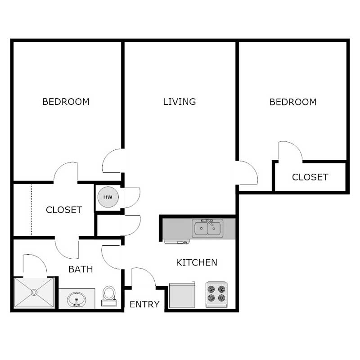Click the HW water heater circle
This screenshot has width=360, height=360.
click(x=108, y=198)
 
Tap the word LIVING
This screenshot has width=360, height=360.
click(x=180, y=102)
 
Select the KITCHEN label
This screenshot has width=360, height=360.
click(x=197, y=262)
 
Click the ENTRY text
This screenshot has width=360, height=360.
click(x=144, y=305)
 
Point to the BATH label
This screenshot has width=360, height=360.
click(x=81, y=270)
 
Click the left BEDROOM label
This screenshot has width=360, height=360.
click(x=66, y=102)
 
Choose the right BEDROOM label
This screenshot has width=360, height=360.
click(x=293, y=102)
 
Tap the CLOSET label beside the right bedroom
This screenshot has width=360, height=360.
click(x=310, y=177)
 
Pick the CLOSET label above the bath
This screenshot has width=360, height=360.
click(x=64, y=210)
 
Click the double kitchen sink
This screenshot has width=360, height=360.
click(x=207, y=229)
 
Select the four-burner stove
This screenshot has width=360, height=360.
click(x=216, y=294)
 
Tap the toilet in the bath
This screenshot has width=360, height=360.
click(x=108, y=296)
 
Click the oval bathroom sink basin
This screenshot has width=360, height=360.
click(x=76, y=299)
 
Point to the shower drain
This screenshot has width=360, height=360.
click(x=34, y=292)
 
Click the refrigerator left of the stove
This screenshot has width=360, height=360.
click(x=182, y=295)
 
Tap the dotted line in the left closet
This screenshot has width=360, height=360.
click(x=31, y=210)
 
